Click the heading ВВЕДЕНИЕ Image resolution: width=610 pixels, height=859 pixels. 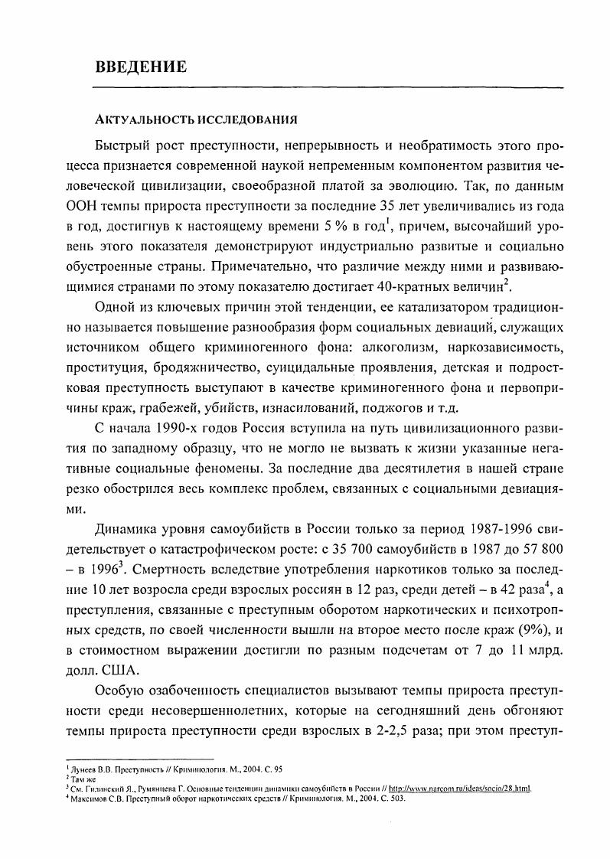(x=141, y=66)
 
